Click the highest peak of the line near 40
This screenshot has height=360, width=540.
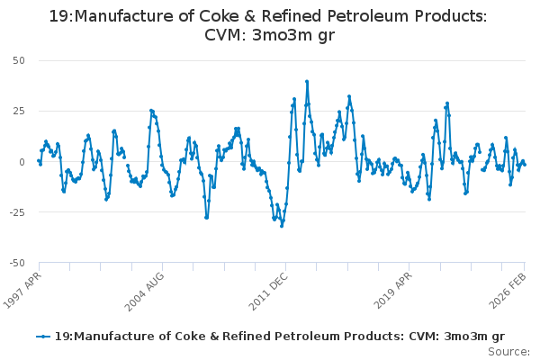[x=307, y=81]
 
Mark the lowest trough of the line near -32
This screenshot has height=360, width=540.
[x=282, y=226]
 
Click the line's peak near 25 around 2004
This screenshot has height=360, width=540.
[x=151, y=111]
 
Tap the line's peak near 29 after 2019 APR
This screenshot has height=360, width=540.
[x=447, y=103]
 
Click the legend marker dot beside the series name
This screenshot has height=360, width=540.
[x=43, y=336]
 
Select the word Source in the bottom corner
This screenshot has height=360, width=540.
[x=508, y=351]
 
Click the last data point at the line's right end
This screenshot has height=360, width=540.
[x=525, y=165]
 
